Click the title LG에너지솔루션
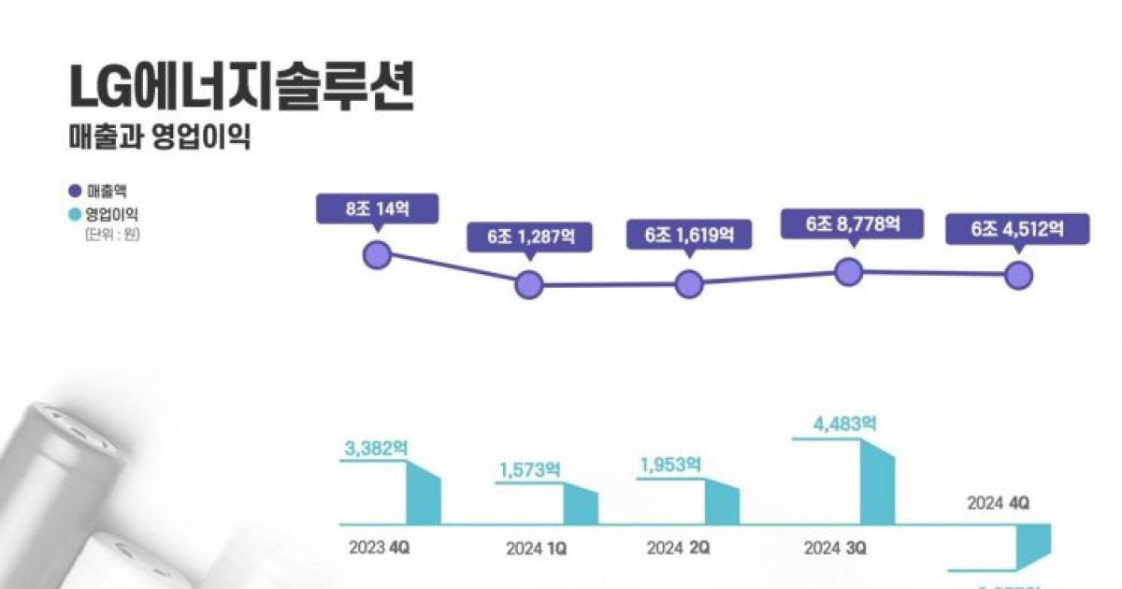pyautogui.click(x=241, y=89)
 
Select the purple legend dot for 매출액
pyautogui.click(x=75, y=197)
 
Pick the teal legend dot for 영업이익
pyautogui.click(x=75, y=215)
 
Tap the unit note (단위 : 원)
pyautogui.click(x=110, y=234)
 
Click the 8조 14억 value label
pyautogui.click(x=377, y=208)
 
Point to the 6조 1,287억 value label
pyautogui.click(x=528, y=237)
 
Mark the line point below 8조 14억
pyautogui.click(x=377, y=254)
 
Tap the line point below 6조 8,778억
pyautogui.click(x=848, y=272)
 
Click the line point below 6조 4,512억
pyautogui.click(x=1018, y=275)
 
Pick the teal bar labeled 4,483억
pyautogui.click(x=877, y=481)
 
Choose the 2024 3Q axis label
pyautogui.click(x=834, y=548)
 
